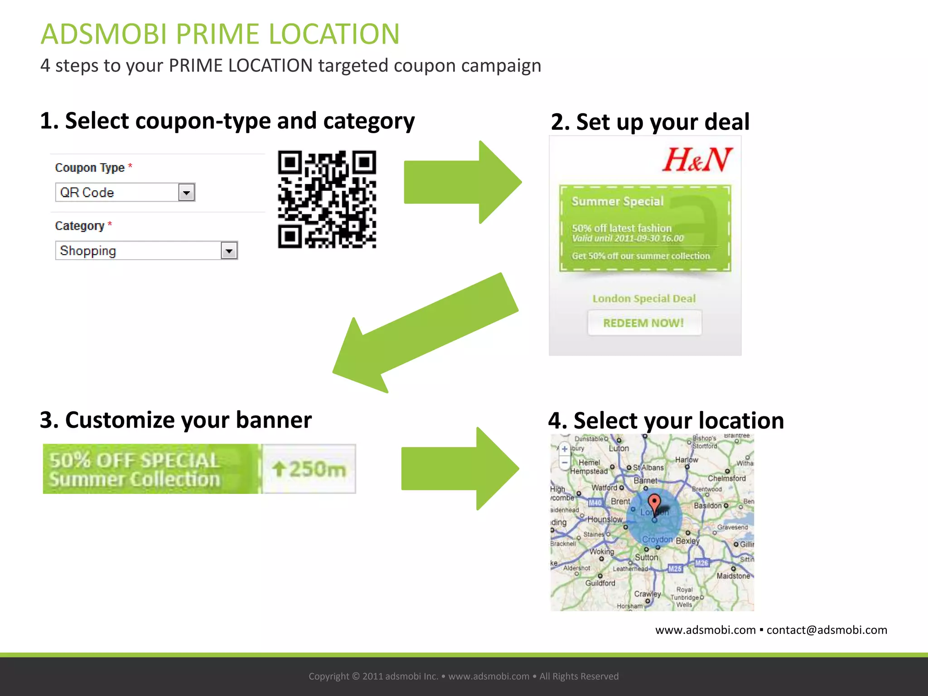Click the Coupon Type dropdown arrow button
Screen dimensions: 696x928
tap(186, 193)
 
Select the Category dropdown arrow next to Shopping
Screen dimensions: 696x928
tap(229, 251)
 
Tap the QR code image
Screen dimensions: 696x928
tap(327, 199)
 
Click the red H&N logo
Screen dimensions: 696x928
tap(697, 160)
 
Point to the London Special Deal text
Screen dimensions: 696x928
tap(644, 299)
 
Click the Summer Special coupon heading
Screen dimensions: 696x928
tap(617, 201)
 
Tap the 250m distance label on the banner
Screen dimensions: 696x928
tap(309, 469)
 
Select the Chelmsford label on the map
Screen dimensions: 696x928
tap(726, 478)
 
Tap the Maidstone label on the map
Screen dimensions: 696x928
tap(733, 576)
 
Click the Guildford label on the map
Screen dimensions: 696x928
tap(600, 583)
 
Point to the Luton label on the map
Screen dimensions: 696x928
tap(619, 448)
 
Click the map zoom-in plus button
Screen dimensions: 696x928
tap(565, 449)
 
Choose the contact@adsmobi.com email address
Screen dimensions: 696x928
tap(826, 630)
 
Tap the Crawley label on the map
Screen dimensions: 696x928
tap(647, 594)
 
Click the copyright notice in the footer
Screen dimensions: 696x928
tap(464, 676)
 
